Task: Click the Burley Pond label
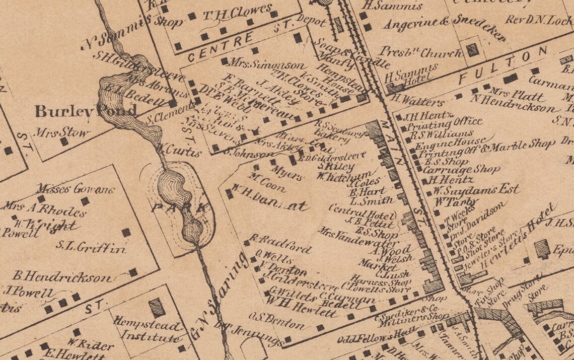(x=86, y=110)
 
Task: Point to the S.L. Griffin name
(x=91, y=247)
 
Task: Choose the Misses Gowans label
(x=76, y=189)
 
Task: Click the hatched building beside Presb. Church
(x=472, y=50)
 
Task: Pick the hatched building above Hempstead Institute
(x=157, y=307)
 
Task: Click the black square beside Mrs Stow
(x=64, y=142)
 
